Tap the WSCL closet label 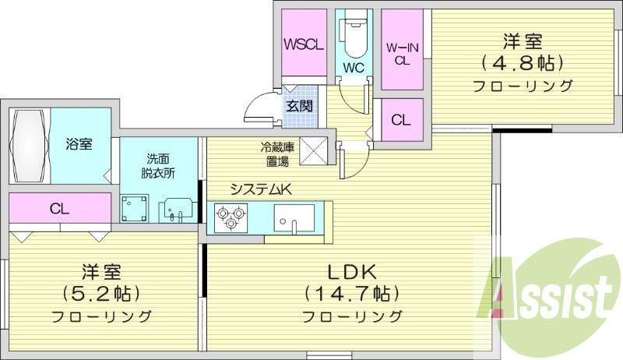pyautogui.click(x=303, y=44)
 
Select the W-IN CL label pyautogui.click(x=402, y=53)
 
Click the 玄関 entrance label pyautogui.click(x=299, y=106)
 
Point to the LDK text pyautogui.click(x=352, y=272)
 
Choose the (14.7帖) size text pyautogui.click(x=352, y=294)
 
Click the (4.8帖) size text pyautogui.click(x=523, y=62)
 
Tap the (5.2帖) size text pyautogui.click(x=102, y=294)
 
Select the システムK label pyautogui.click(x=260, y=189)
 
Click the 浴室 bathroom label pyautogui.click(x=79, y=144)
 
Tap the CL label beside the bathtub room pyautogui.click(x=59, y=208)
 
